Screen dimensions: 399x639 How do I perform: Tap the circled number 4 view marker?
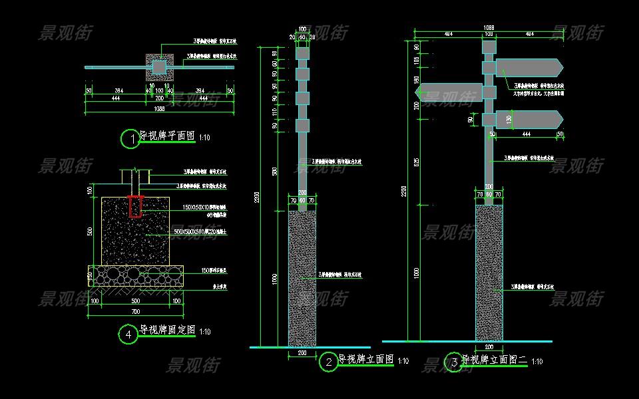128,334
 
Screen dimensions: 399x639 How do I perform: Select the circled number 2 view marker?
329,362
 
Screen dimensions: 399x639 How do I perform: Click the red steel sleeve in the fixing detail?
136,207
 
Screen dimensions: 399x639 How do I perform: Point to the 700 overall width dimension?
135,311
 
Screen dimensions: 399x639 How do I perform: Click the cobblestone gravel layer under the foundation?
135,275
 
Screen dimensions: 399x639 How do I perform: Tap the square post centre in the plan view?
159,66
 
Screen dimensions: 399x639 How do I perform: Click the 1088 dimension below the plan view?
159,108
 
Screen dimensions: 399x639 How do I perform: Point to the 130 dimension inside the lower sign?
509,119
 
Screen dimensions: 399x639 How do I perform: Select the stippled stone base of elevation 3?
489,273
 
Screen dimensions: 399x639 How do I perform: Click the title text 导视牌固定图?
167,330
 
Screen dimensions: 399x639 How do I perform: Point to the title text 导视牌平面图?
167,136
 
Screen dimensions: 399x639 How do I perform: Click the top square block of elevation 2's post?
302,53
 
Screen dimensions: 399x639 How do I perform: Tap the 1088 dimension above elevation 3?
489,28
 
